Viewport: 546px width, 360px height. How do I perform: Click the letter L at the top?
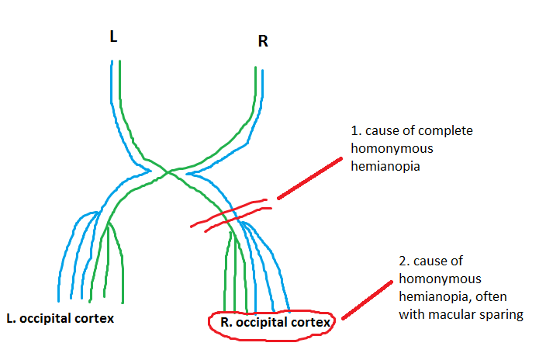[x=114, y=37]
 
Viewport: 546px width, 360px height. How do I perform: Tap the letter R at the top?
[x=263, y=41]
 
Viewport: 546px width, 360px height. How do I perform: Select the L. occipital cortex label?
[x=60, y=319]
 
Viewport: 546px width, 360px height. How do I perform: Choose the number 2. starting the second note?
[x=404, y=261]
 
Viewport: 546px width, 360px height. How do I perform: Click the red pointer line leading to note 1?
[x=310, y=178]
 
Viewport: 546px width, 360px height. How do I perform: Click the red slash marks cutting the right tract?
[x=230, y=214]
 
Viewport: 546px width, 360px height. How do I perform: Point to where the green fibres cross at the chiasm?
[x=168, y=172]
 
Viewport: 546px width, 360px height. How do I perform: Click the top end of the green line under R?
[x=255, y=68]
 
